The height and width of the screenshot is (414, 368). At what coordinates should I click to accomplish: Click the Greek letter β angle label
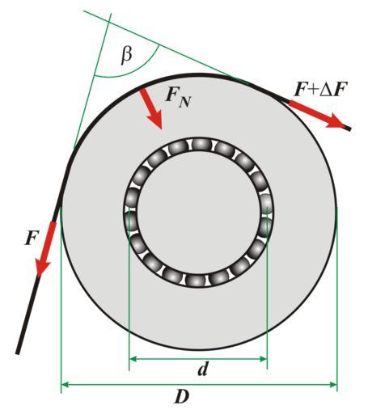click(126, 56)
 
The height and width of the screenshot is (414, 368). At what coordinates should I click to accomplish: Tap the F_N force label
click(178, 96)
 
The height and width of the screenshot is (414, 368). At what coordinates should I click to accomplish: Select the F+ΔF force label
click(321, 90)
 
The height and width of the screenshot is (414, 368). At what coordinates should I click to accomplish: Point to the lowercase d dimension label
click(203, 369)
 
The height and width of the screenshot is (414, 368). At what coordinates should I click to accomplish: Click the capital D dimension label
click(182, 396)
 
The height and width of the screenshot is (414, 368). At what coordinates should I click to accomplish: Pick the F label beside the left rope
click(32, 238)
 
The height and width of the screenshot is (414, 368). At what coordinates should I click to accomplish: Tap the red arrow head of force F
click(42, 267)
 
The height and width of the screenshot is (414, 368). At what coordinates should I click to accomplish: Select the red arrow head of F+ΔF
click(336, 121)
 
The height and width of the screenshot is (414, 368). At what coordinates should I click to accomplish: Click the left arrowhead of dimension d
click(133, 359)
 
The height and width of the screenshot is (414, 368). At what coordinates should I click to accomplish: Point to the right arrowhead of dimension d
click(263, 359)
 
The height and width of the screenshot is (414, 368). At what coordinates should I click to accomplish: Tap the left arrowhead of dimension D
click(65, 384)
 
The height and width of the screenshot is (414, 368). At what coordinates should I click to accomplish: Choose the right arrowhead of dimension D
click(333, 384)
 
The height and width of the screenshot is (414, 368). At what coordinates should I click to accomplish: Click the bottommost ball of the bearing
click(195, 281)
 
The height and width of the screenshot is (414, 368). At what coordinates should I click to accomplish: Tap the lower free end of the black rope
click(18, 353)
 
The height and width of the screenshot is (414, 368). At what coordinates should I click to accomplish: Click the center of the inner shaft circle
click(199, 213)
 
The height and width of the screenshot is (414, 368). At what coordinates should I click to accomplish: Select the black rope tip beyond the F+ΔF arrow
click(349, 129)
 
